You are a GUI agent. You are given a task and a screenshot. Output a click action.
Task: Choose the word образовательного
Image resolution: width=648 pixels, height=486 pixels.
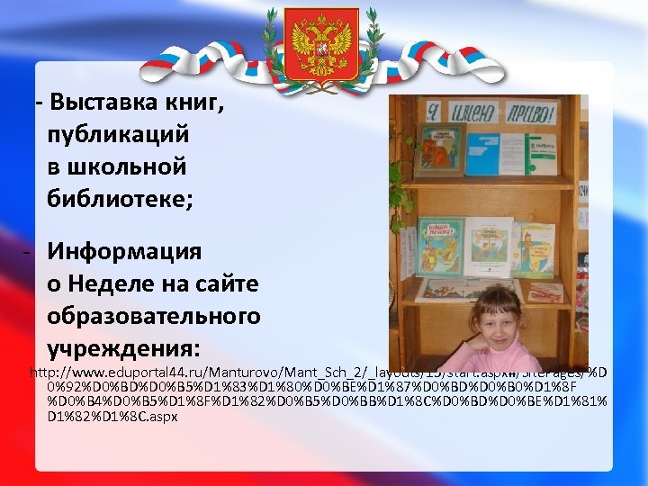pos(153,316)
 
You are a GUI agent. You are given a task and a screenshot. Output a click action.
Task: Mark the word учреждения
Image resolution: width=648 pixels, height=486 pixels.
pos(123,347)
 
